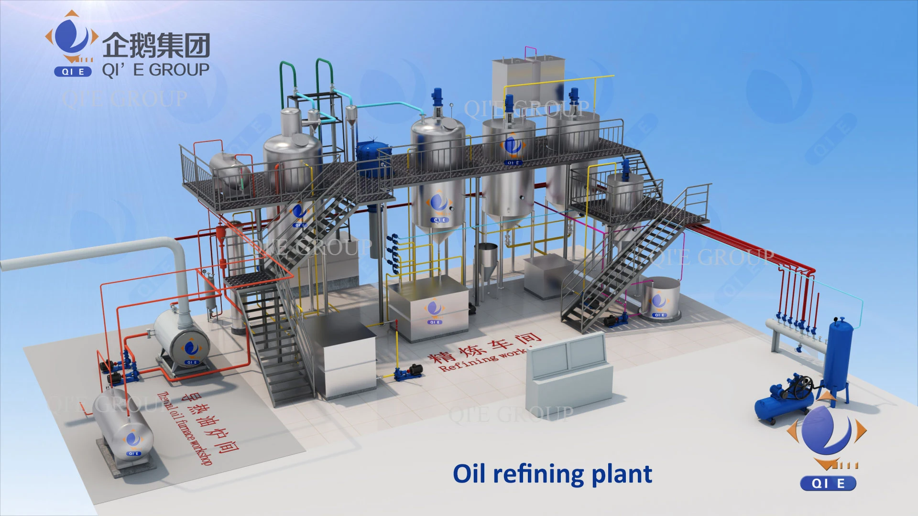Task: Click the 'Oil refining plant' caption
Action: tap(552, 474)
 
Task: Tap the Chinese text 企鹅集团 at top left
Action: tap(156, 45)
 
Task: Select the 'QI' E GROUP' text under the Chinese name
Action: tap(155, 70)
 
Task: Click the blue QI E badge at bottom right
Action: tap(828, 484)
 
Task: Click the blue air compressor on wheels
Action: tap(784, 401)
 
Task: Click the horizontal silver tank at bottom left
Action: tap(124, 432)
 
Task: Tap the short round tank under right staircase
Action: tap(661, 299)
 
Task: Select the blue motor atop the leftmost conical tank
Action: tap(437, 98)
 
